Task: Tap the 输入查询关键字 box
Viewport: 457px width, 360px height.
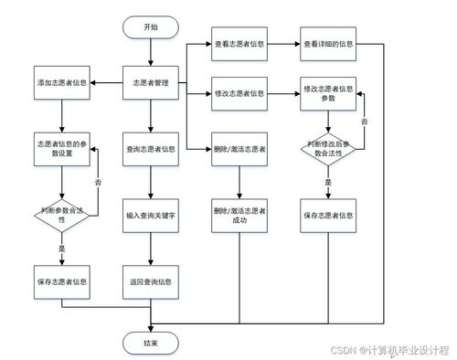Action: click(151, 216)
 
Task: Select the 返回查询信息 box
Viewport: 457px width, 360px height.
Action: click(151, 281)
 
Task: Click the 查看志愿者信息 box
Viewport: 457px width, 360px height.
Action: click(239, 43)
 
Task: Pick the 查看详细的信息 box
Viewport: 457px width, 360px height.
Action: click(328, 43)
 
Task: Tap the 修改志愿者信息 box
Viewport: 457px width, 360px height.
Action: click(239, 93)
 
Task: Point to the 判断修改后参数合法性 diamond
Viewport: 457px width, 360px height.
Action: click(328, 148)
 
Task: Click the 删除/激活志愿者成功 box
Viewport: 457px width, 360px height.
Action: click(239, 216)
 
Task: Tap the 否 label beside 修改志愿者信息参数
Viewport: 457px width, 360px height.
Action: click(365, 121)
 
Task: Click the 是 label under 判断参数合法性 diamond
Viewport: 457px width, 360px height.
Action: click(61, 249)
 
